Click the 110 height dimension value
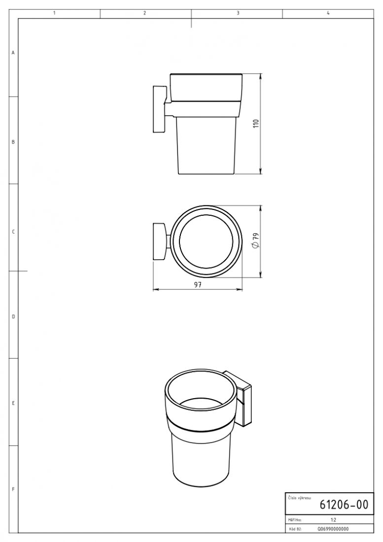[x=256, y=124]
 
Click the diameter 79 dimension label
[x=256, y=240]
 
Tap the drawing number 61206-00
[x=344, y=505]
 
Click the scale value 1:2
[x=334, y=519]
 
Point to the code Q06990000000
[x=333, y=529]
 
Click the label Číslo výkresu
[x=299, y=498]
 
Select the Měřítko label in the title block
[x=295, y=519]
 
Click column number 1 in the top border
[x=55, y=13]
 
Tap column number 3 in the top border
[x=238, y=13]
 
